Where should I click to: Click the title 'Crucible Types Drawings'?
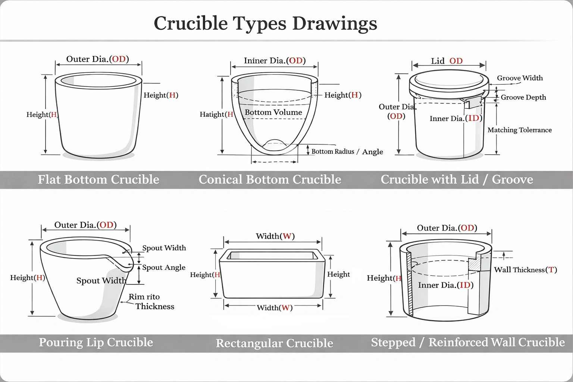tap(265, 23)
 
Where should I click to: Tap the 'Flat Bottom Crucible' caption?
tap(98, 179)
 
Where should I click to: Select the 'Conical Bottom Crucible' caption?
tap(270, 179)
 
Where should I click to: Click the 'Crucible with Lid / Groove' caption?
tap(457, 179)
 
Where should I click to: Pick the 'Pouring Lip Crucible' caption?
tap(96, 342)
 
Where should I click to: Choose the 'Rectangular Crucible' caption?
tap(274, 343)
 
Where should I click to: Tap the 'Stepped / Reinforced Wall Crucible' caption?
tap(468, 342)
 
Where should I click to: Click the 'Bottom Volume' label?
tap(273, 112)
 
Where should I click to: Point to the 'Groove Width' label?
tap(520, 78)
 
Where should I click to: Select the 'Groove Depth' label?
tap(523, 97)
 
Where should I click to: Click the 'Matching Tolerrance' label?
tap(519, 130)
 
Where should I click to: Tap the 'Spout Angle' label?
tap(164, 267)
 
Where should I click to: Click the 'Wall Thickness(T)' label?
tap(525, 270)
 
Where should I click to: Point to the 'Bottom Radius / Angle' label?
tap(347, 151)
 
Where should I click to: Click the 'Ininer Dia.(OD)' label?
tap(275, 60)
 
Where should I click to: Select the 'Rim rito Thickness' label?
tap(151, 301)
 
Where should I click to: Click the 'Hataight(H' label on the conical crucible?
tap(216, 114)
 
